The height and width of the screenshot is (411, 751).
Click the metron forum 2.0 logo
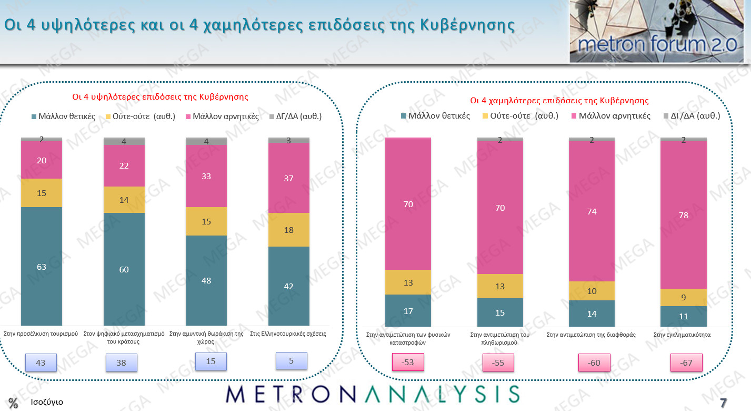click(x=657, y=32)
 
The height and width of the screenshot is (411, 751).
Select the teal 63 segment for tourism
click(x=42, y=266)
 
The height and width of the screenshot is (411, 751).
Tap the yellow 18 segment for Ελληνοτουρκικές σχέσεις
click(x=288, y=230)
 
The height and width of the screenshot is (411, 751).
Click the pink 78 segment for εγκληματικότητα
click(x=683, y=215)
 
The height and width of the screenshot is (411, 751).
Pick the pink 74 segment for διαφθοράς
click(x=592, y=211)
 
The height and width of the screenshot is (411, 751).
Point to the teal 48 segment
click(x=206, y=280)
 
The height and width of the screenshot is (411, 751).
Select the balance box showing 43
click(x=41, y=363)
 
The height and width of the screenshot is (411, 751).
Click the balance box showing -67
click(x=686, y=363)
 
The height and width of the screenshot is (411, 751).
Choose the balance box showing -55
click(x=498, y=363)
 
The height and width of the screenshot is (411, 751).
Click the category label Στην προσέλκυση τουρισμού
click(x=41, y=334)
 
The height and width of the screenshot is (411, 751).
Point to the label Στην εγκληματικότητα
click(x=682, y=334)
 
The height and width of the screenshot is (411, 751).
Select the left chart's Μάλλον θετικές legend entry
click(x=64, y=116)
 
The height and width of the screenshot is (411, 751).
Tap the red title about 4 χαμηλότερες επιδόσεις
click(x=559, y=100)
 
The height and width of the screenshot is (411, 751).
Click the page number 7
click(x=723, y=403)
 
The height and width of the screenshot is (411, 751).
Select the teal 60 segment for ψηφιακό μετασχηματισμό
click(x=124, y=269)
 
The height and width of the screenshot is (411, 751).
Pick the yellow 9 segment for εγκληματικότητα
click(x=683, y=297)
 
